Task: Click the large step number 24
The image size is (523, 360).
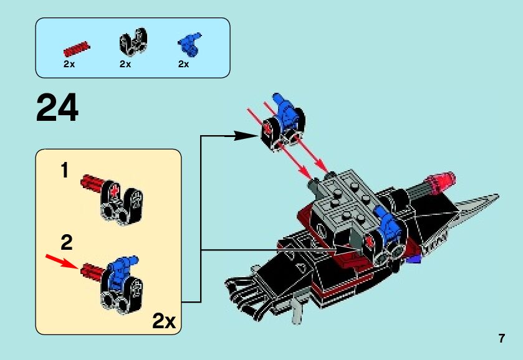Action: click(57, 108)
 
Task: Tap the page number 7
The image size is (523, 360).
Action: click(501, 339)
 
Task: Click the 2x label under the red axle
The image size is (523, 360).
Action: click(69, 64)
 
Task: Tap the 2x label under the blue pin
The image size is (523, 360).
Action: click(183, 64)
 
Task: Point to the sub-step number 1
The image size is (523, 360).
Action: click(64, 170)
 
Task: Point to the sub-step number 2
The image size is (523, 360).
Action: click(67, 242)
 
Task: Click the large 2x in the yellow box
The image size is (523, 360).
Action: click(164, 321)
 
